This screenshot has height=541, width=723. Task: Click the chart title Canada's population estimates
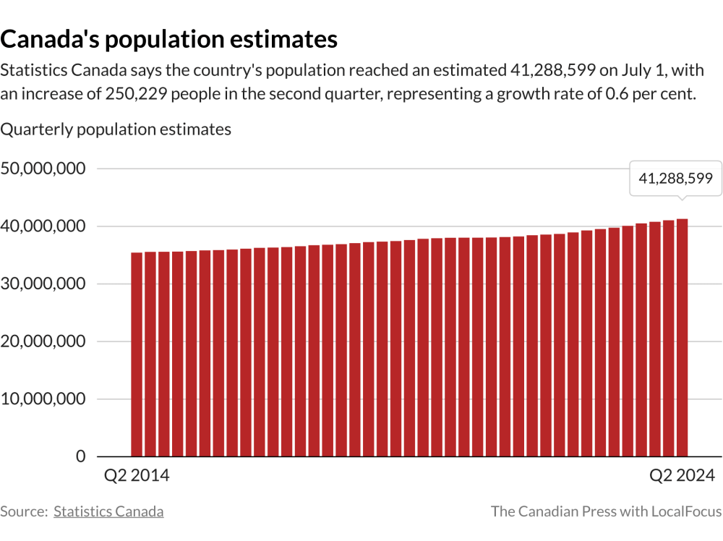pyautogui.click(x=169, y=39)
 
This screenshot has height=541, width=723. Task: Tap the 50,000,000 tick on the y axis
pyautogui.click(x=44, y=169)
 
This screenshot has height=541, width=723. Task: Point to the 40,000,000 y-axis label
pyautogui.click(x=44, y=226)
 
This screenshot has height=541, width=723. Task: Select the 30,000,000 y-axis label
pyautogui.click(x=44, y=284)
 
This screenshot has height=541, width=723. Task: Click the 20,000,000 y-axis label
pyautogui.click(x=44, y=341)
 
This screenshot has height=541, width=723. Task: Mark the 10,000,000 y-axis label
pyautogui.click(x=44, y=399)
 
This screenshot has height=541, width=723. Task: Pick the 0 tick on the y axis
pyautogui.click(x=80, y=456)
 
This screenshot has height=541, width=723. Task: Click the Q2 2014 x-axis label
pyautogui.click(x=137, y=476)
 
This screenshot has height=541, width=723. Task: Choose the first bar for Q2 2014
pyautogui.click(x=137, y=354)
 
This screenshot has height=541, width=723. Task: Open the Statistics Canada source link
pyautogui.click(x=108, y=511)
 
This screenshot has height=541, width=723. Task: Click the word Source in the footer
pyautogui.click(x=24, y=511)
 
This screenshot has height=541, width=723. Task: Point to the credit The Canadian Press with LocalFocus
pyautogui.click(x=606, y=511)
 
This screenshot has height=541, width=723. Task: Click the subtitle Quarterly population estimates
pyautogui.click(x=116, y=129)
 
